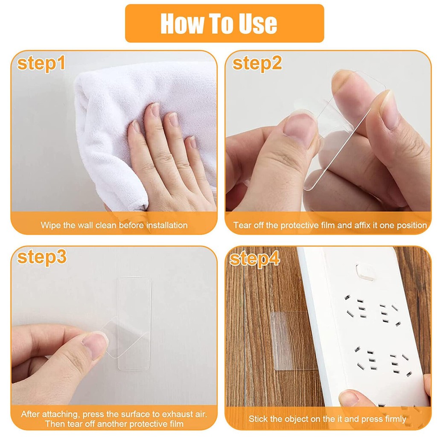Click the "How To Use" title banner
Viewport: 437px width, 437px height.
224,23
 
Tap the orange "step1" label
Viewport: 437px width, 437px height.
41,64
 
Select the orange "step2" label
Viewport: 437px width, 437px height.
257,64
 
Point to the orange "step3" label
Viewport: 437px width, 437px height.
42,257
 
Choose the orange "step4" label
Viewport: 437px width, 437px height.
254,259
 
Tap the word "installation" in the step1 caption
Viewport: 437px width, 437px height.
167,225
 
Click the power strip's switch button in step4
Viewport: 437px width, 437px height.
365,272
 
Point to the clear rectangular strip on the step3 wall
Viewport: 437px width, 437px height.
134,323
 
